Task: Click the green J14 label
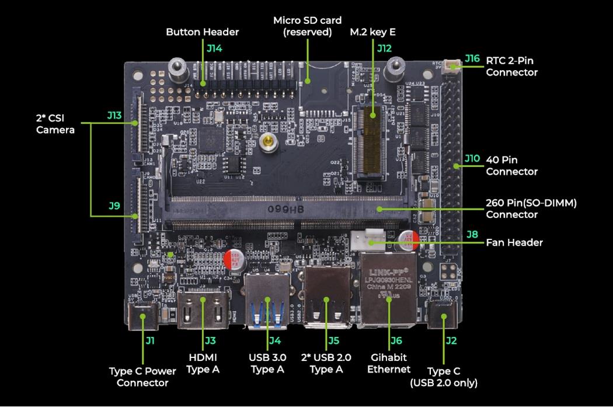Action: [x=214, y=48]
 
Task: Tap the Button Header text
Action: [x=202, y=32]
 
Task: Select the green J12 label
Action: [x=384, y=48]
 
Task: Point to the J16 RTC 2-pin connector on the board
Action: [x=451, y=66]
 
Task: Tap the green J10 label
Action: [x=472, y=158]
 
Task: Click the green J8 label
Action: [x=472, y=234]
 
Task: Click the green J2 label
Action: [x=450, y=340]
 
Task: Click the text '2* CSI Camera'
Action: [x=55, y=123]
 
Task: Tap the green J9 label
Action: [x=114, y=206]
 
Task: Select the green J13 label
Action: [x=114, y=116]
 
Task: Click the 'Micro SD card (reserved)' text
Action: [x=306, y=26]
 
